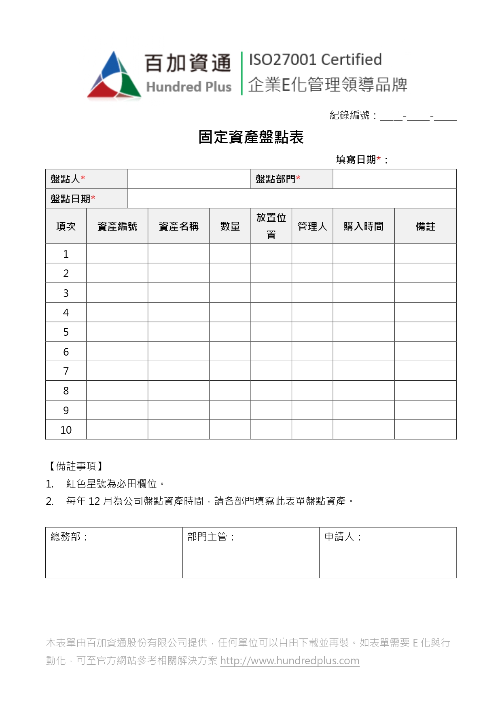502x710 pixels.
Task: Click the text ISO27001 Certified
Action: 315,60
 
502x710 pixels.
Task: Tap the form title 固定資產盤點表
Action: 251,137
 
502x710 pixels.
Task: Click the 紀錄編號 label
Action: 350,116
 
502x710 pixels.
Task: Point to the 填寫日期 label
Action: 356,160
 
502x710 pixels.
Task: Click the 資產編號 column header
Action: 117,227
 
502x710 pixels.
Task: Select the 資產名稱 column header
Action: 179,227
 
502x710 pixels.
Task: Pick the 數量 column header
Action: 230,227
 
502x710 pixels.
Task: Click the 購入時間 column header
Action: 364,227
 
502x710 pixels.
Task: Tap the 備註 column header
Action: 426,227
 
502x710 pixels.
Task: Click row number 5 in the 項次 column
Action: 66,332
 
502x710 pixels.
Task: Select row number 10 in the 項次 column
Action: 66,430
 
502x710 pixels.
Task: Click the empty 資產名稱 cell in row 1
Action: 179,254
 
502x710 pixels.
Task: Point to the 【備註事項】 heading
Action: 76,466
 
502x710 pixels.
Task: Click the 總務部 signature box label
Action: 68,537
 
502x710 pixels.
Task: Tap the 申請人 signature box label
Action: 342,537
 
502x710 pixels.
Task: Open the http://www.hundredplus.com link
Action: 290,661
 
